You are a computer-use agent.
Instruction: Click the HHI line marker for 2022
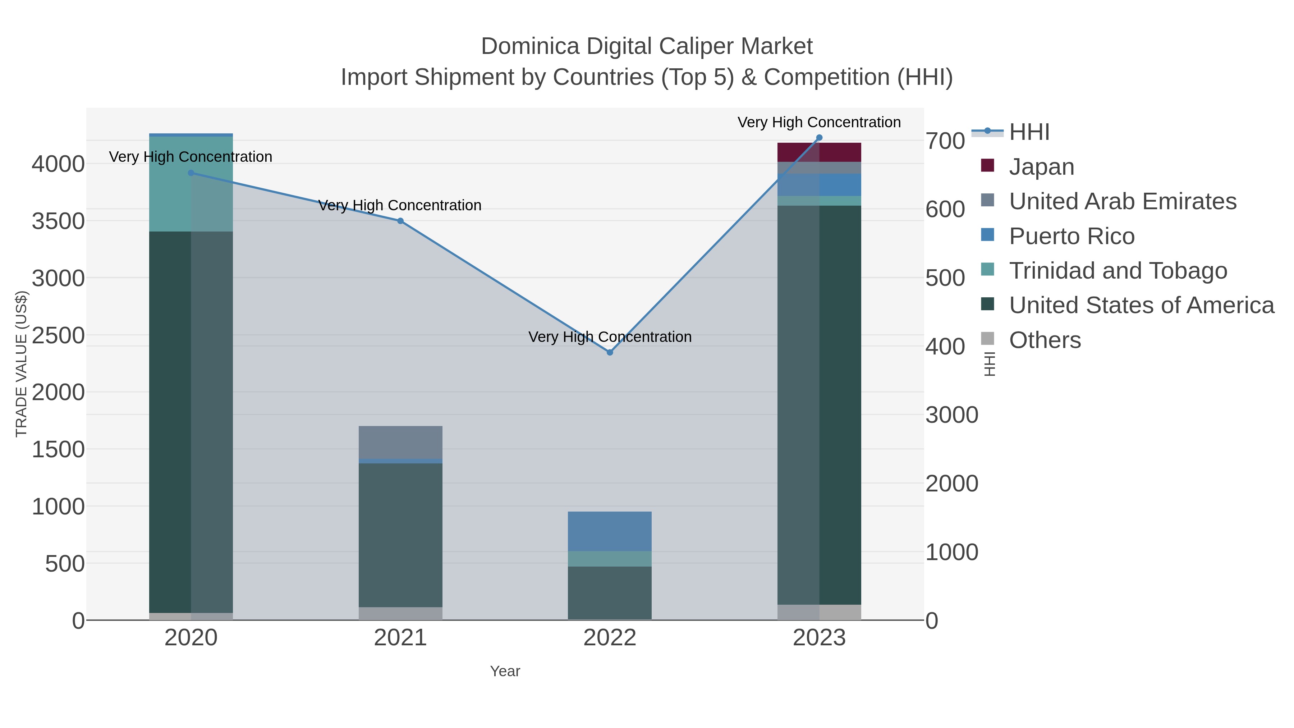point(610,352)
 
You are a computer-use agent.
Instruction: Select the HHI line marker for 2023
point(819,138)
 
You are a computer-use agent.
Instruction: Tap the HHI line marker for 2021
point(400,221)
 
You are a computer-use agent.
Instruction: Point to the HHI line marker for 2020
point(191,173)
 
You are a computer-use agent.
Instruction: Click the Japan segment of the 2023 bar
point(819,152)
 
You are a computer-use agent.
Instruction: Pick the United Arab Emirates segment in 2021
point(400,442)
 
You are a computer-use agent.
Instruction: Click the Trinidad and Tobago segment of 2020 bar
point(191,184)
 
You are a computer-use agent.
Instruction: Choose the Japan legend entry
point(1041,167)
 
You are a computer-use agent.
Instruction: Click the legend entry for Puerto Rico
point(1072,236)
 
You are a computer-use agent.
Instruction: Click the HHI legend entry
point(1029,132)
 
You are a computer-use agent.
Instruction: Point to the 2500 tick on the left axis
point(58,335)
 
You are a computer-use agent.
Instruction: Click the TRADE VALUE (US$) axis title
point(21,364)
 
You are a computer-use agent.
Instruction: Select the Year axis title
point(505,671)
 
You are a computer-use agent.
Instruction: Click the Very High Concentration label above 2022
point(610,336)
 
